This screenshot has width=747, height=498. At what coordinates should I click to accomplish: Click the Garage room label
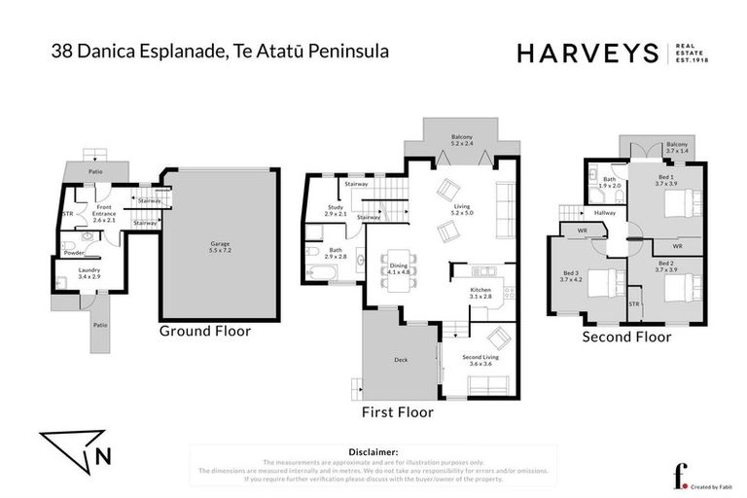coord(220,247)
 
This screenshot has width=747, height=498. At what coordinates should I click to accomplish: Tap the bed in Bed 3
coord(600,281)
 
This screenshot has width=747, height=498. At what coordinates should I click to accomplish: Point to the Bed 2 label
coord(665,267)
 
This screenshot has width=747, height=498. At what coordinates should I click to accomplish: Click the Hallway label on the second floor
coord(607,213)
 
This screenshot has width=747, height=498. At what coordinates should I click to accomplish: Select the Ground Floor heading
coord(205,331)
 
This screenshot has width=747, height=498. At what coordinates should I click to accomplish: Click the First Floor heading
coord(397,412)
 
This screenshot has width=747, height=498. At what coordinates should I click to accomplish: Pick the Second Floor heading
coord(626,338)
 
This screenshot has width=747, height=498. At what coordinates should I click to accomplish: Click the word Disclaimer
coord(373,452)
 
